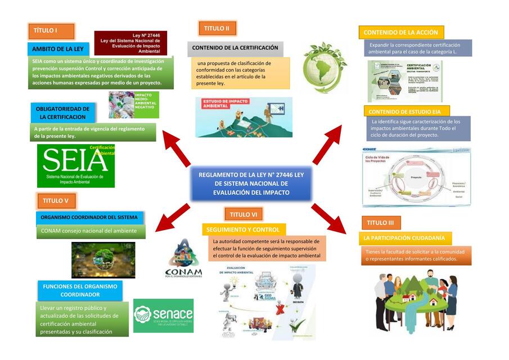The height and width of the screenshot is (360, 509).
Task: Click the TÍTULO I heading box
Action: [x=51, y=31]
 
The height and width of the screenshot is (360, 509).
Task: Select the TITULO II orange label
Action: [x=217, y=29]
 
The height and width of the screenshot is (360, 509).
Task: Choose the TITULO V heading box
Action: [x=56, y=201]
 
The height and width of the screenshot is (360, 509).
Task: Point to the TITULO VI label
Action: [x=244, y=214]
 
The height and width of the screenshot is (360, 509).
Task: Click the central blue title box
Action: [x=251, y=184]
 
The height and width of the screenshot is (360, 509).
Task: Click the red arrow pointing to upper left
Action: [x=175, y=147]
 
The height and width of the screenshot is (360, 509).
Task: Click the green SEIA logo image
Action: [x=75, y=166]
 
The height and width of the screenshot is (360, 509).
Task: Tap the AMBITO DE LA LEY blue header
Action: [x=58, y=49]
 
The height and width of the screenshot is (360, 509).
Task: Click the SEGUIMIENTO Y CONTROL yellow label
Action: [x=243, y=229]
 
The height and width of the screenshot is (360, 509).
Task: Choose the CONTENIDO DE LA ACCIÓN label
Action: [x=401, y=33]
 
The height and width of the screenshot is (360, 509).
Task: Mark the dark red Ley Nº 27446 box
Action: [x=130, y=43]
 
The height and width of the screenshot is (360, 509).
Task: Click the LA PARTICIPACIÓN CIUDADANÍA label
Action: [x=404, y=238]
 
